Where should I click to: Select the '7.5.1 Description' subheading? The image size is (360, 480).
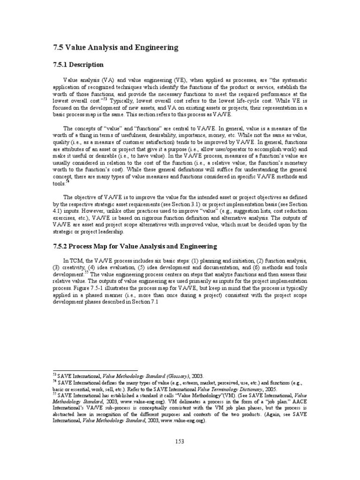coord(79,64)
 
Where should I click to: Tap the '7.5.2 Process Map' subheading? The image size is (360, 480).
coord(134,246)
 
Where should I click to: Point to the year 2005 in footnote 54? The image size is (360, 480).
coord(270,390)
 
